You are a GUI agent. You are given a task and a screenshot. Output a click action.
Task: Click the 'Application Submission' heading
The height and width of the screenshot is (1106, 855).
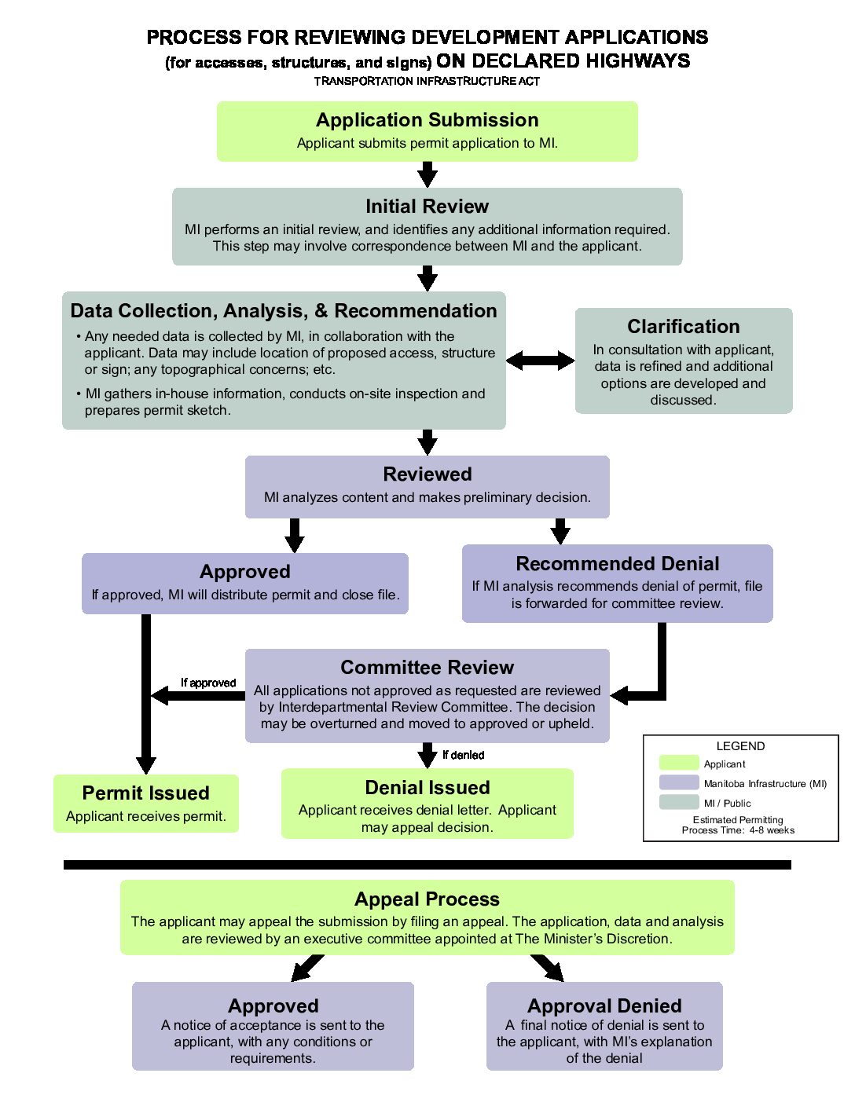click(x=427, y=120)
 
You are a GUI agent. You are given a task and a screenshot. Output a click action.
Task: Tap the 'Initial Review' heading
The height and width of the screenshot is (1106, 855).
click(x=427, y=206)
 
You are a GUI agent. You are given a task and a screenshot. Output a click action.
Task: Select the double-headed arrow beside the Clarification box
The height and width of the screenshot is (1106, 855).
click(x=540, y=361)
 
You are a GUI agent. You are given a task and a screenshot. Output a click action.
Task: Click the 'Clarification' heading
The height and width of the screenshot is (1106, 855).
click(x=684, y=326)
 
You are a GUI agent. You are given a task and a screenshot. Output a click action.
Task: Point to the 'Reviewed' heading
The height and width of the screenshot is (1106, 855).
click(x=427, y=474)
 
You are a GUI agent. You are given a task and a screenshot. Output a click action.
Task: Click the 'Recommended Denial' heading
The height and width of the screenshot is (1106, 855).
click(x=617, y=563)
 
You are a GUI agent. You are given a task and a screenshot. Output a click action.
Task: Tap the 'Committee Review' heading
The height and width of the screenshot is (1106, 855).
click(x=427, y=667)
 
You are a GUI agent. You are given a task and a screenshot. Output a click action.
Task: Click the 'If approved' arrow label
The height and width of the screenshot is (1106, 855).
click(x=208, y=683)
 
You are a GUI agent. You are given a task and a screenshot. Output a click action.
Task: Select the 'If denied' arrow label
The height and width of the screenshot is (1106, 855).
click(x=464, y=755)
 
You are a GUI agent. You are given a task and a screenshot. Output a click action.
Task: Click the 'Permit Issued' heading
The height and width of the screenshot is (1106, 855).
click(x=145, y=793)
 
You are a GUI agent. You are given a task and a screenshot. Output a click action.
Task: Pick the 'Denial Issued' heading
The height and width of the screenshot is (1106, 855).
click(x=427, y=787)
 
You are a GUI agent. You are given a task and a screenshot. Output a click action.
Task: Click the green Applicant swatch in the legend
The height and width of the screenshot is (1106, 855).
click(x=679, y=763)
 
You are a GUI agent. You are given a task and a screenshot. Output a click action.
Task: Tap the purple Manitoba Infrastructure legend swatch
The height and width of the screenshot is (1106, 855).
click(x=679, y=782)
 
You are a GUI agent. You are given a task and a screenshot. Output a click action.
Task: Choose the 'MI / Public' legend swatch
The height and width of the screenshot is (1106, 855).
click(x=679, y=802)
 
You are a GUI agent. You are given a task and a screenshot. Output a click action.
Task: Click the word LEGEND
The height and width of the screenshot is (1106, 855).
click(x=740, y=746)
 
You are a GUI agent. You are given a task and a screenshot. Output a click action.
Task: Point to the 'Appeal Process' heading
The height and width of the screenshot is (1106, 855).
click(x=427, y=899)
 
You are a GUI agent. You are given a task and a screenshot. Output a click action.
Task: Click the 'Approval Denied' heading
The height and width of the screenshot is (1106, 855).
click(x=604, y=1005)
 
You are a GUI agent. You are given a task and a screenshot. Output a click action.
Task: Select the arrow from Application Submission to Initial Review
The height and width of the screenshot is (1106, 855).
click(x=427, y=174)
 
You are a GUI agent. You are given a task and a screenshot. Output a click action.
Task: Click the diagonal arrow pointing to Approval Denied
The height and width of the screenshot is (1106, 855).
click(x=547, y=968)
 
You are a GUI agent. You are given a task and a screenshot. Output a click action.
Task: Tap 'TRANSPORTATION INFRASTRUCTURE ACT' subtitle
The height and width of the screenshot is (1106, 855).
click(x=427, y=82)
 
